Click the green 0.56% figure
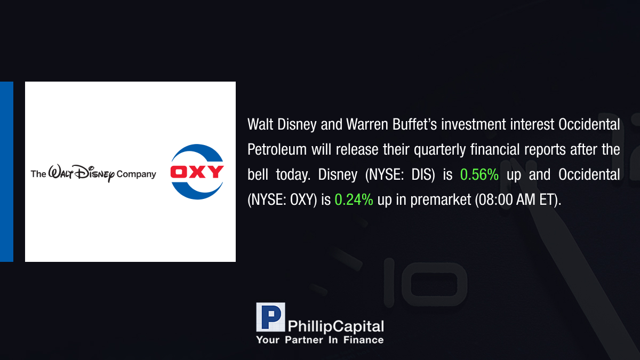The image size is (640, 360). (479, 174)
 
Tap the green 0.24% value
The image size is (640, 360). (354, 199)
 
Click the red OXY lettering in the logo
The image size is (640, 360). (197, 172)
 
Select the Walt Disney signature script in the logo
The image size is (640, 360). (82, 173)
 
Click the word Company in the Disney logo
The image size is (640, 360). (137, 174)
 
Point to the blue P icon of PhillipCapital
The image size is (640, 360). (270, 317)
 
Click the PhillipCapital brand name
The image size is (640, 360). (335, 326)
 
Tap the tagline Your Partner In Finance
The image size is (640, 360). (319, 340)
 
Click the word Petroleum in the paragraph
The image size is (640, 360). (277, 149)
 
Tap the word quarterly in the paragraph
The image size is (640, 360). (439, 150)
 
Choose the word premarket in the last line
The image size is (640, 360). (441, 199)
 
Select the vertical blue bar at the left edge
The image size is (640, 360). (6, 172)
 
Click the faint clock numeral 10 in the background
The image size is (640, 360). (425, 283)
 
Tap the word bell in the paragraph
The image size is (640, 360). (258, 174)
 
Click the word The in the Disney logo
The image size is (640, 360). (38, 174)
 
